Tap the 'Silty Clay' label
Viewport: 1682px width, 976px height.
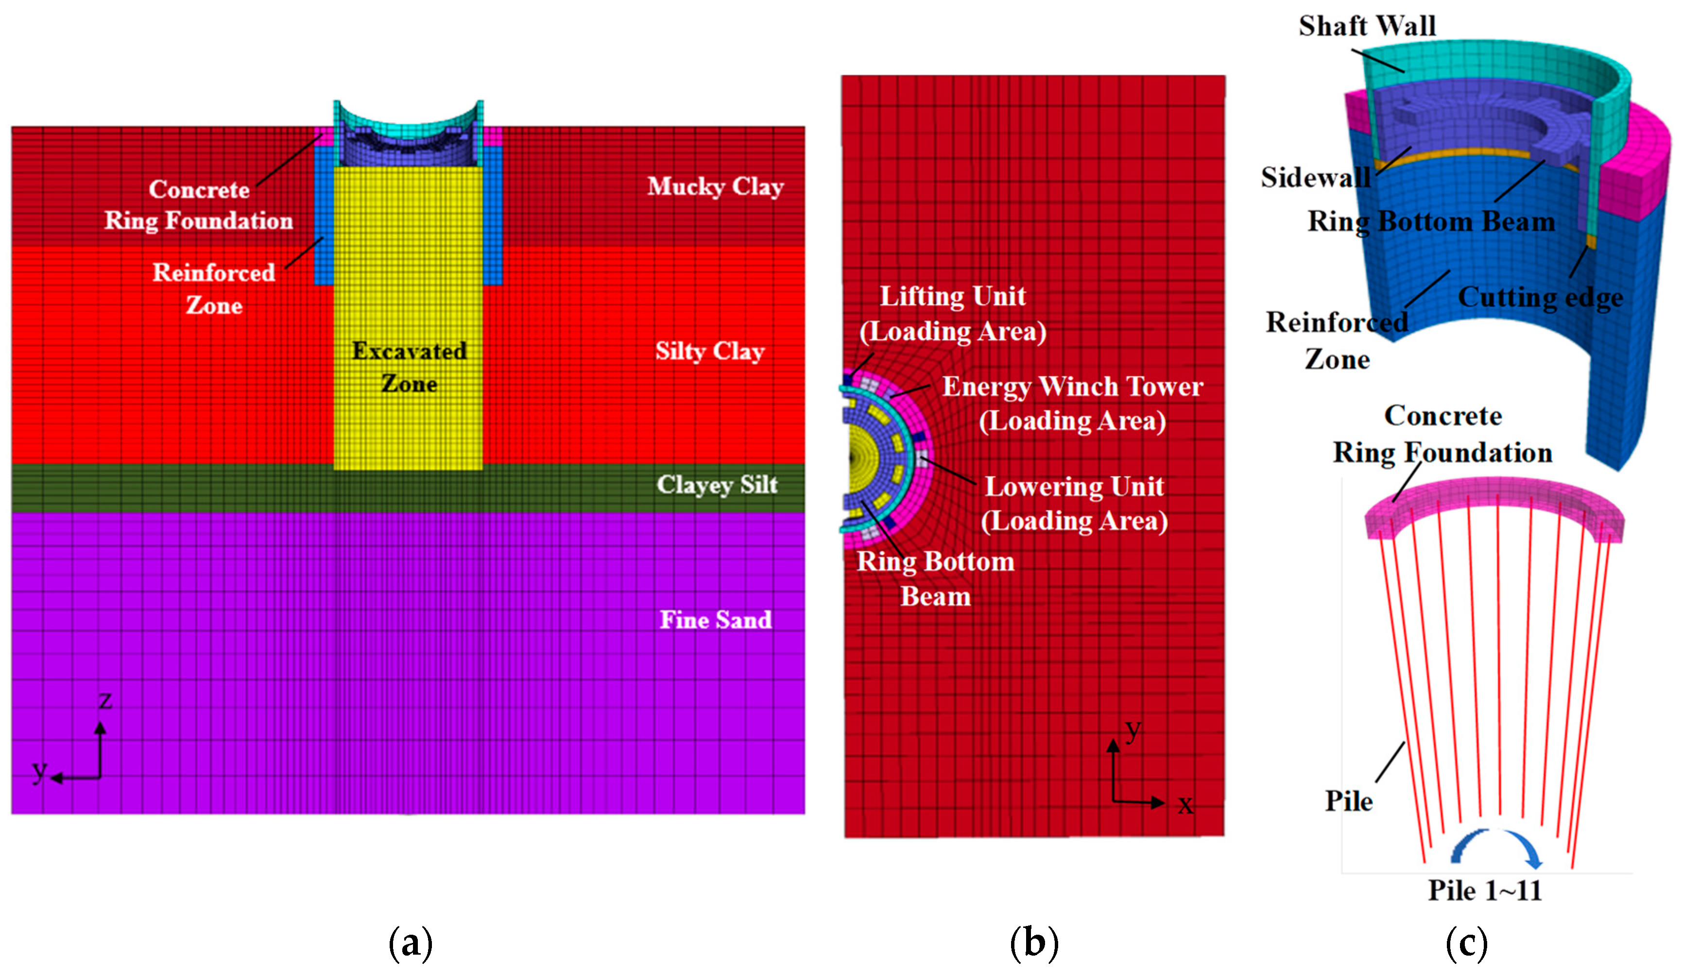click(709, 351)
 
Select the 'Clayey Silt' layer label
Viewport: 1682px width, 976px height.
click(717, 485)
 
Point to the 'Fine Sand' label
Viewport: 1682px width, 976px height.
click(716, 621)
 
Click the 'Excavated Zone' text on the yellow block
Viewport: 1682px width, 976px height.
click(409, 367)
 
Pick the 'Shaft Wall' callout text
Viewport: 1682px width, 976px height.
click(1367, 27)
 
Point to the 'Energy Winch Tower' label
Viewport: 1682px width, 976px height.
click(1072, 387)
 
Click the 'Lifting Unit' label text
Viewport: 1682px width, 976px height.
click(952, 297)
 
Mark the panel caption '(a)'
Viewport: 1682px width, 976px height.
click(411, 943)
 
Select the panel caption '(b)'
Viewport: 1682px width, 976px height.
click(1034, 943)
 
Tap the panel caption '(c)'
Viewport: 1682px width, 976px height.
click(1466, 943)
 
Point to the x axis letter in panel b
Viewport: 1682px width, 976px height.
click(1185, 805)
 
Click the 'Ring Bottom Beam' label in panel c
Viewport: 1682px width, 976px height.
click(1431, 221)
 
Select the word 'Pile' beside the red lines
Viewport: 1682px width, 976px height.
click(1348, 801)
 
